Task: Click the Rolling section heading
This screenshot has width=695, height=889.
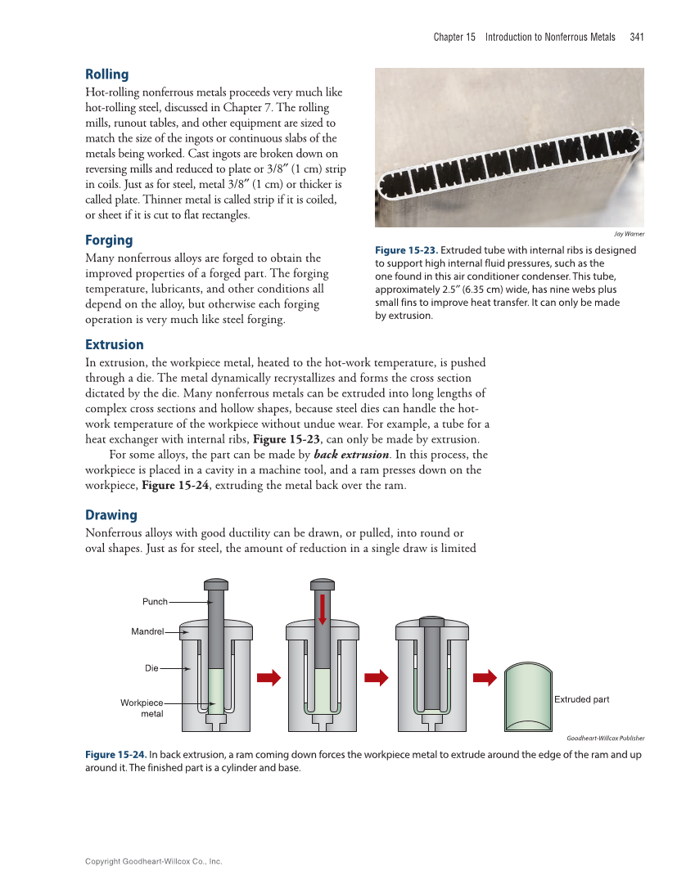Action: pyautogui.click(x=107, y=74)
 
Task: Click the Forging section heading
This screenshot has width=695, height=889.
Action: pyautogui.click(x=109, y=240)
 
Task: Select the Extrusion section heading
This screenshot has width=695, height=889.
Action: pyautogui.click(x=115, y=344)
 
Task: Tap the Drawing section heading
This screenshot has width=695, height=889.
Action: pyautogui.click(x=111, y=514)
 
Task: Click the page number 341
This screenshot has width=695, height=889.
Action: pyautogui.click(x=637, y=37)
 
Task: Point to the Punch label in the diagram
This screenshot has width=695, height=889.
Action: pyautogui.click(x=155, y=602)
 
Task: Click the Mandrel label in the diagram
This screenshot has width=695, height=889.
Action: pyautogui.click(x=147, y=631)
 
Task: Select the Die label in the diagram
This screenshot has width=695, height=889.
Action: pyautogui.click(x=151, y=668)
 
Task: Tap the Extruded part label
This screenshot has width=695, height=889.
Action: pyautogui.click(x=582, y=699)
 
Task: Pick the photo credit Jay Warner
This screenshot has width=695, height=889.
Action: pyautogui.click(x=629, y=234)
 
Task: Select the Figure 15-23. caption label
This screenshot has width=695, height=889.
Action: pyautogui.click(x=406, y=250)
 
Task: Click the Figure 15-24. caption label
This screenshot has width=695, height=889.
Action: pyautogui.click(x=116, y=755)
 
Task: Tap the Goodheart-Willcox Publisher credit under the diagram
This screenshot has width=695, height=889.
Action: pyautogui.click(x=605, y=738)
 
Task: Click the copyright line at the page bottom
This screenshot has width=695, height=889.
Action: pyautogui.click(x=153, y=861)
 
